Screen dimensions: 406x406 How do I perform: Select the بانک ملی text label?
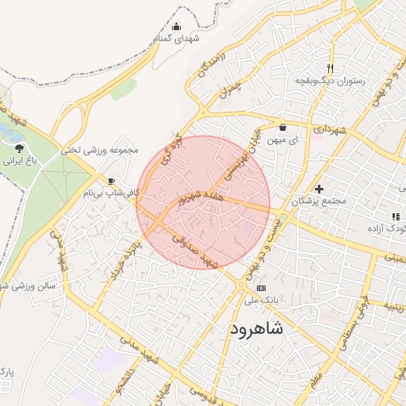tap(261, 301)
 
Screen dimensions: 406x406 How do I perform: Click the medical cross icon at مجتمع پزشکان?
tap(319, 189)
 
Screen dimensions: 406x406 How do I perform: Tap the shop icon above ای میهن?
tap(283, 127)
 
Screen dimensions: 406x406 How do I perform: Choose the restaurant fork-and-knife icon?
tap(330, 68)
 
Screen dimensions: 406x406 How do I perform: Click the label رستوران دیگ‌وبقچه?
tap(330, 81)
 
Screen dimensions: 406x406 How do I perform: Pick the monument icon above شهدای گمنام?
tap(176, 26)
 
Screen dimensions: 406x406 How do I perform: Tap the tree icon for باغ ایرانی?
tap(19, 148)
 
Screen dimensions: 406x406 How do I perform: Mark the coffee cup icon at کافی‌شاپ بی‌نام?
tap(111, 181)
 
